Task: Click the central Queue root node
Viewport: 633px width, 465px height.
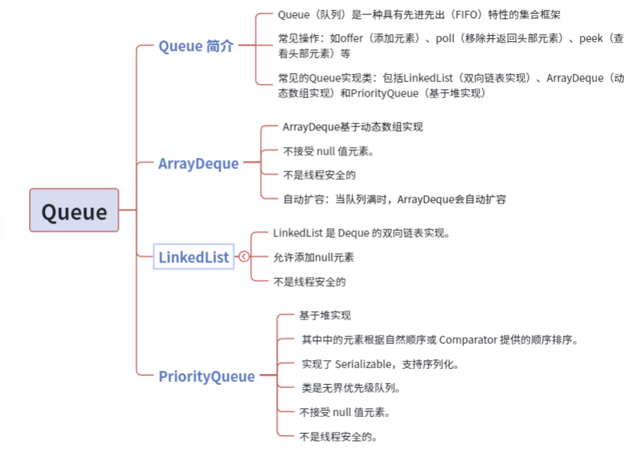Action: pos(74,210)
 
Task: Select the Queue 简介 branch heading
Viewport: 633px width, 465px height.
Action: pos(196,46)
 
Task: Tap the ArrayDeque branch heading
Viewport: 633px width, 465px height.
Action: pos(198,163)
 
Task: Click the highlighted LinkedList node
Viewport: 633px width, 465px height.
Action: pos(194,257)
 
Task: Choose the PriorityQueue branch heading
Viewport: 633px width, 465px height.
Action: pos(207,377)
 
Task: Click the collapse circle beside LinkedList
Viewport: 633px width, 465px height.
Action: pos(244,256)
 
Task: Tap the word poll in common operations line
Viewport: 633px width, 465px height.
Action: pos(445,39)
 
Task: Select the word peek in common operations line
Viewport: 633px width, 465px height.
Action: pos(591,39)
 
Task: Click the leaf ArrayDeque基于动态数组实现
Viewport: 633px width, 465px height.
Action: pos(353,127)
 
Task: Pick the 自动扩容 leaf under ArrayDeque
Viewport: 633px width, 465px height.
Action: pos(394,200)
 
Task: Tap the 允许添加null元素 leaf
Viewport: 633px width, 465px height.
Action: pos(313,258)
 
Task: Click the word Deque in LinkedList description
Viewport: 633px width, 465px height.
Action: pos(354,233)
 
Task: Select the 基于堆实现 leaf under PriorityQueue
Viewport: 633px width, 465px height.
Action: pos(325,316)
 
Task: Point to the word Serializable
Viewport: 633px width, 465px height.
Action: pos(363,364)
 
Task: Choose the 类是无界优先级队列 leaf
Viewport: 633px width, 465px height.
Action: pos(351,388)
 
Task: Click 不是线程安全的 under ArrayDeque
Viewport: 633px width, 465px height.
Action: pos(320,175)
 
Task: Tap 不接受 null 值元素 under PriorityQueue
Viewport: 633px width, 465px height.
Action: pos(345,412)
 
